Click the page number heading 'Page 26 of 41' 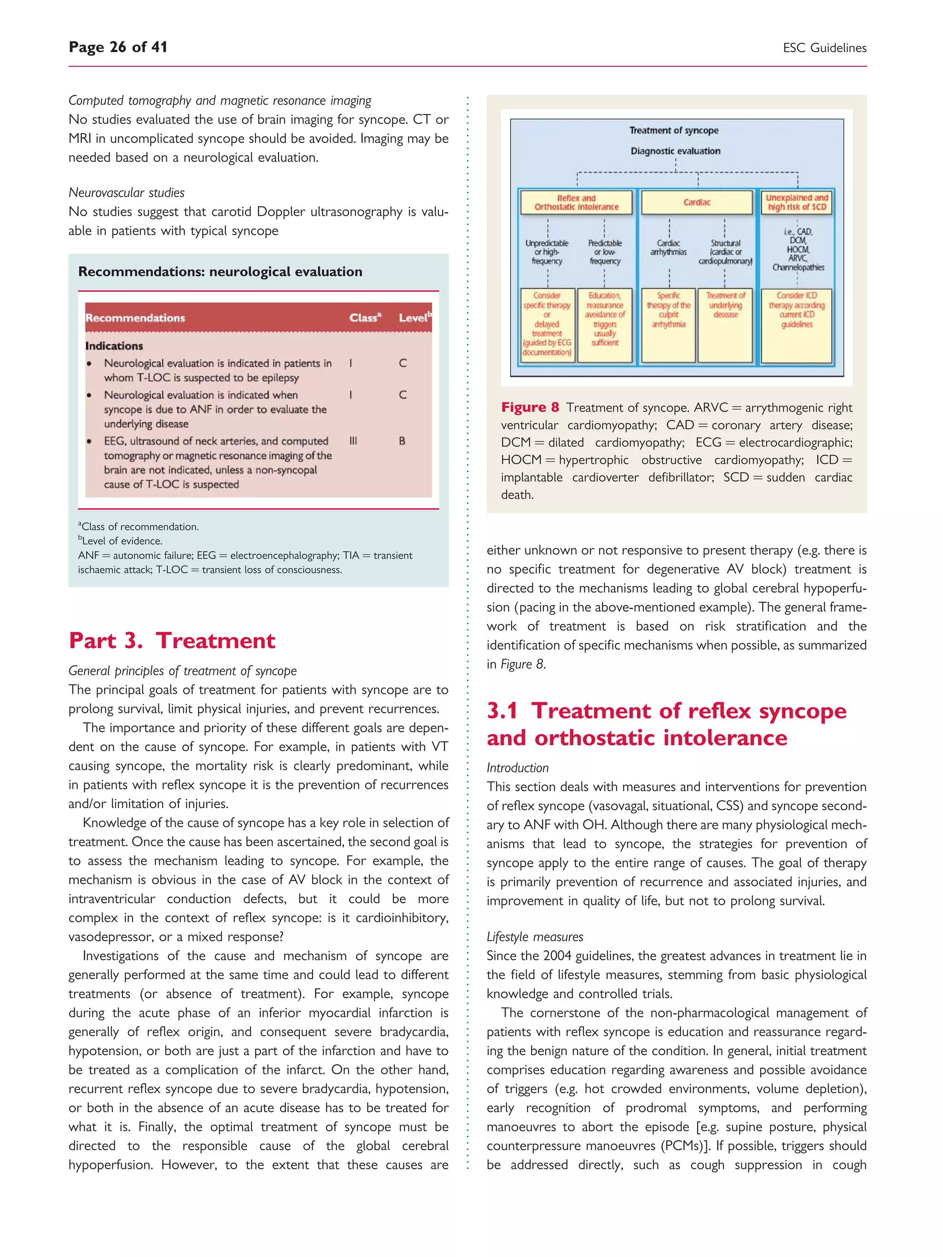click(x=118, y=47)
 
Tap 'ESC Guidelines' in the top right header click(x=824, y=48)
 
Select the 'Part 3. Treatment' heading click(x=172, y=640)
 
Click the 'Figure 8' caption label click(x=530, y=407)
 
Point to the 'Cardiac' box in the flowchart click(x=697, y=203)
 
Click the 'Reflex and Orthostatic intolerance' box click(x=576, y=203)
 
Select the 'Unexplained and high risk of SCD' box click(x=797, y=203)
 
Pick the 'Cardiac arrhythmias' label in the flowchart click(x=669, y=247)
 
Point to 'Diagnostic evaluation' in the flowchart click(x=675, y=151)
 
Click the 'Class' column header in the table click(x=364, y=318)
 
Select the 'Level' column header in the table click(x=414, y=318)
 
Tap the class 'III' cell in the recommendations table click(x=353, y=441)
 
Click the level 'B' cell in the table click(x=402, y=441)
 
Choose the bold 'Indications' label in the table click(x=114, y=346)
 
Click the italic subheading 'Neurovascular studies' click(x=126, y=193)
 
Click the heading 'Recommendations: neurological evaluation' click(x=220, y=272)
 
